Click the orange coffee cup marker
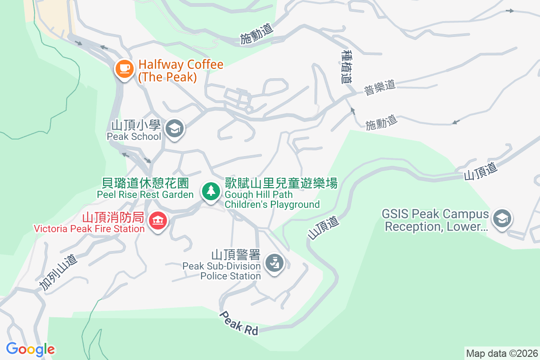click(124, 69)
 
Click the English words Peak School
click(134, 136)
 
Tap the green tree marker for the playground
click(210, 191)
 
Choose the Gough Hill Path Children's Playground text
click(272, 199)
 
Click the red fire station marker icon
click(158, 220)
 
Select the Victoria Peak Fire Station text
click(89, 229)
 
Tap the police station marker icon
click(274, 262)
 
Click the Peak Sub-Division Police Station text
click(221, 271)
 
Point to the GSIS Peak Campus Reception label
click(435, 220)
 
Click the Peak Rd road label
click(239, 323)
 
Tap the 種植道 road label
click(346, 67)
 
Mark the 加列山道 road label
click(58, 273)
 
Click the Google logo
click(30, 349)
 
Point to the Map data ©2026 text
click(501, 353)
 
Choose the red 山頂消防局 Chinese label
click(112, 218)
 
